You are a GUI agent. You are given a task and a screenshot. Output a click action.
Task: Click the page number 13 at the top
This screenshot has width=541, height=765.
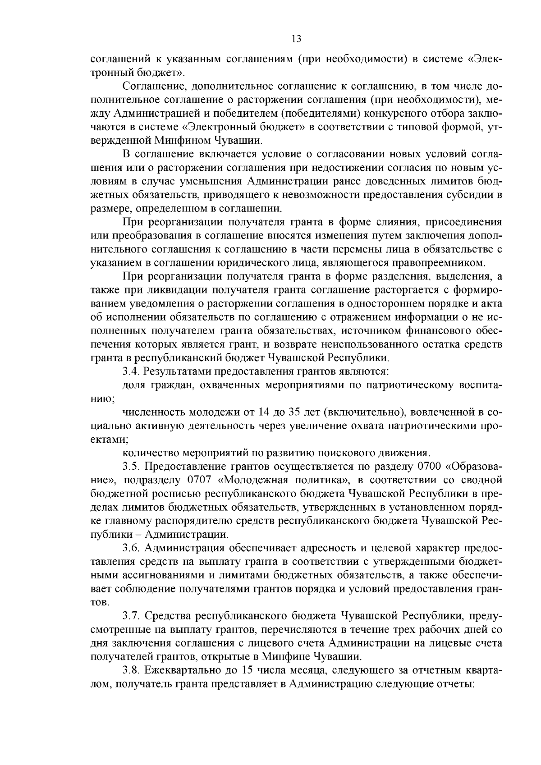pyautogui.click(x=296, y=39)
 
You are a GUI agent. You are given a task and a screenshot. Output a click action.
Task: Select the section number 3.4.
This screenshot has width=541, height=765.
pyautogui.click(x=131, y=371)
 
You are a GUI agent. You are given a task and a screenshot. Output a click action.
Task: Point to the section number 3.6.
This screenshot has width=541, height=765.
pyautogui.click(x=131, y=548)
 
